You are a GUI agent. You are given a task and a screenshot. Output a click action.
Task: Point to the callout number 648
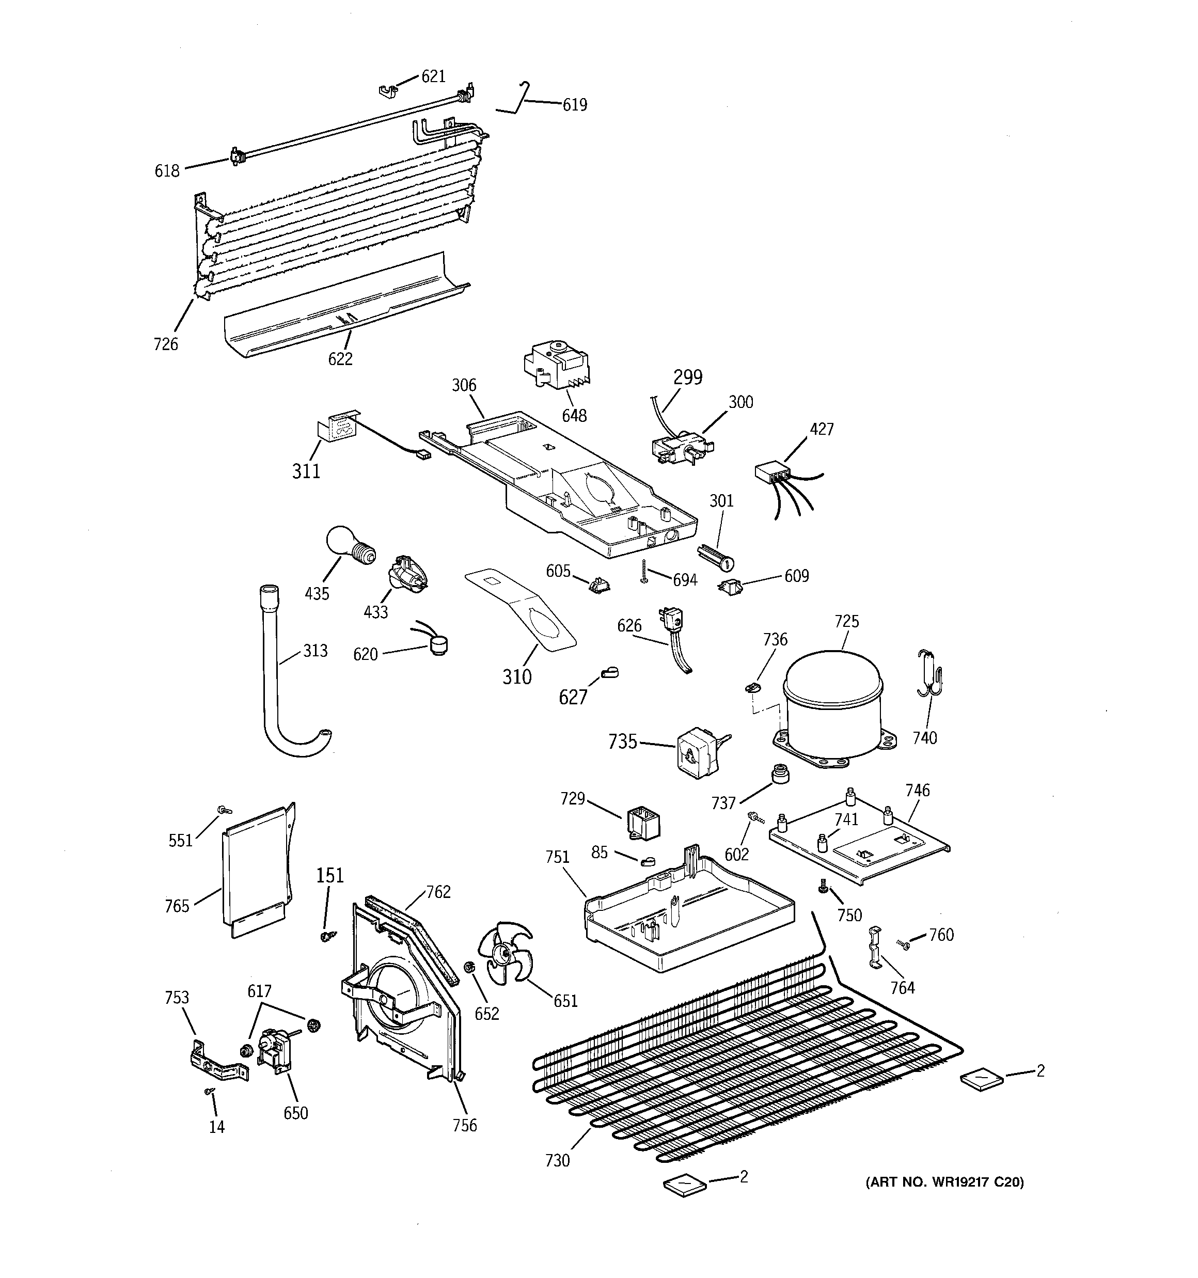(574, 416)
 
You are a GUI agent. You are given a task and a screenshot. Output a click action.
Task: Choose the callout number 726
(165, 344)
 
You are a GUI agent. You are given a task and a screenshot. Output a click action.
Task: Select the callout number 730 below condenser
(557, 1160)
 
